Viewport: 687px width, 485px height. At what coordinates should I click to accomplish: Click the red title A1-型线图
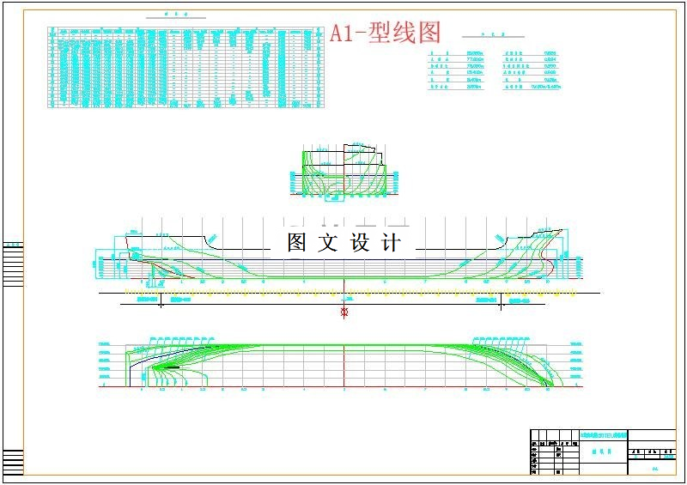click(386, 33)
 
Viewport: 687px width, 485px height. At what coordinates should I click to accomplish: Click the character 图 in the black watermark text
click(297, 243)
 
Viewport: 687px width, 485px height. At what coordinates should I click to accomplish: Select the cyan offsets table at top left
click(186, 67)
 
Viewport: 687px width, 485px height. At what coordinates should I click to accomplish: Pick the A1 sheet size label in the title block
click(655, 469)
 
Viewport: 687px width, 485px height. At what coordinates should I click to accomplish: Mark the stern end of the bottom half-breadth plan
click(131, 378)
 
